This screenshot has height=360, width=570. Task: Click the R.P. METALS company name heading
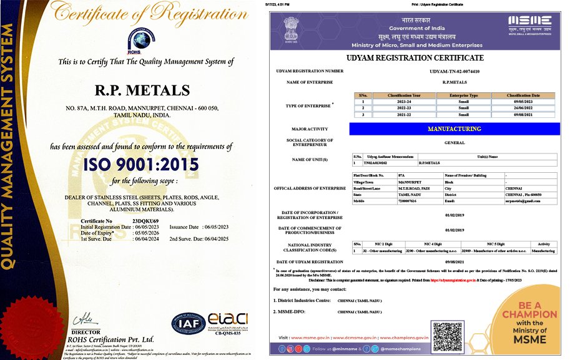point(142,90)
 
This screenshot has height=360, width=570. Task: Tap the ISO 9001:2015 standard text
point(143,165)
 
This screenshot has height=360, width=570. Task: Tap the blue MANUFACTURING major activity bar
point(454,129)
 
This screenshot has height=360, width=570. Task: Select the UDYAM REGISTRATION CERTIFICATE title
point(416,58)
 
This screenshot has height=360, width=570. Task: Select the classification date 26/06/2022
point(523,107)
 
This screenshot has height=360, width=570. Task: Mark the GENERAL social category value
point(454,143)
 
